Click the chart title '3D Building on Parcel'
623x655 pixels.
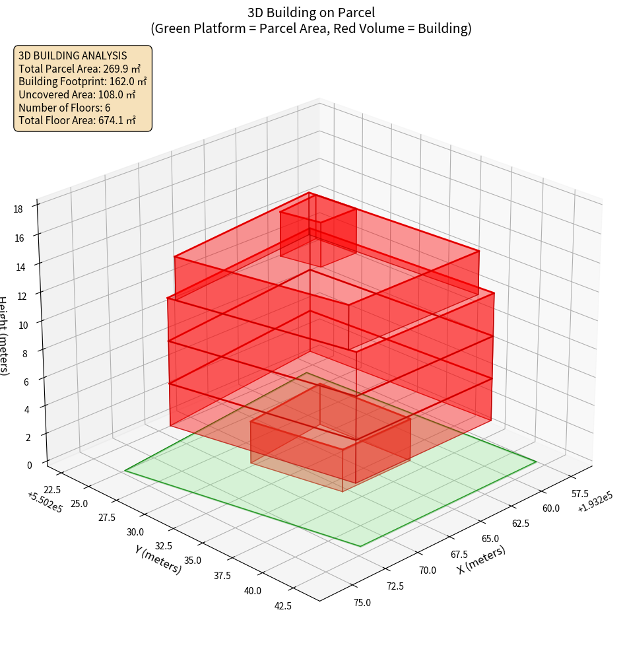311,13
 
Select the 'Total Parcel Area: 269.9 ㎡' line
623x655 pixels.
80,68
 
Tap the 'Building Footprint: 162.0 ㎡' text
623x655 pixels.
82,81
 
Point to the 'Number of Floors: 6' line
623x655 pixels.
65,108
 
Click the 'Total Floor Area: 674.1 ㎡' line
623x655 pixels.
77,120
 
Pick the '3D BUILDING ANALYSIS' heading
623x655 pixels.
73,55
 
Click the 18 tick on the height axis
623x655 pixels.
18,209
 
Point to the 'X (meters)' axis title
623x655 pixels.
481,559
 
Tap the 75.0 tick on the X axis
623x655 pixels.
362,602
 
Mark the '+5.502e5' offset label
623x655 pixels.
45,502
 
